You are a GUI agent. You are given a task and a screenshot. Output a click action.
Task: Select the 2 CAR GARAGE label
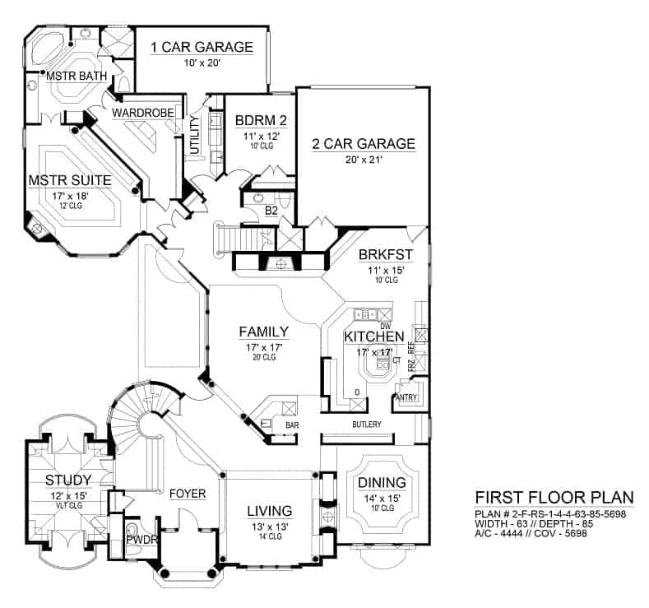pos(363,144)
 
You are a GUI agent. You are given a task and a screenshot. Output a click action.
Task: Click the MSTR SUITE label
pos(70,179)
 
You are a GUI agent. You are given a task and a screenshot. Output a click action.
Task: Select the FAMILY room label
pos(263,332)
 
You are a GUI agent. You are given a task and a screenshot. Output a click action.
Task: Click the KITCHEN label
pos(373,337)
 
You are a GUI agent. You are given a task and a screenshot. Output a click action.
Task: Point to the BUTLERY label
pos(366,424)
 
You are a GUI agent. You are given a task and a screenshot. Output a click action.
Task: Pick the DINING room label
pos(382,482)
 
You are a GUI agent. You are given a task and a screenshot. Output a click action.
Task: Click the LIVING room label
pos(270,512)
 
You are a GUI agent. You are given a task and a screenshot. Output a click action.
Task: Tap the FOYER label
pos(188,494)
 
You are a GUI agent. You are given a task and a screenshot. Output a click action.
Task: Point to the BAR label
pos(291,425)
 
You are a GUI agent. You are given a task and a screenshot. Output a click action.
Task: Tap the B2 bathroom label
pos(271,211)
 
